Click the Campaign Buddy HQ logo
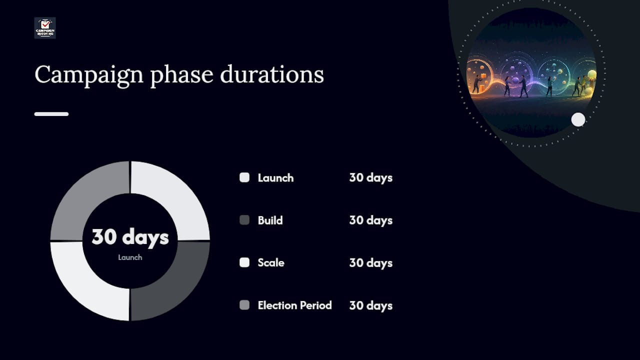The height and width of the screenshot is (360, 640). pos(45,28)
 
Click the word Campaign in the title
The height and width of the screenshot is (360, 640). pos(89,75)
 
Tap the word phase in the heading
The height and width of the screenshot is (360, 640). pos(181,75)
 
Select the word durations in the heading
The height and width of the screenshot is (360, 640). pos(272,74)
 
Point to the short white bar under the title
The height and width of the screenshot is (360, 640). pos(51,114)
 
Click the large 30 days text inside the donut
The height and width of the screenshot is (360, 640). pos(130,237)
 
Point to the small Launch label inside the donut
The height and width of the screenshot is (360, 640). pos(130,257)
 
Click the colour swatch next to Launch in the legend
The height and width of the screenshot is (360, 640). pos(244,177)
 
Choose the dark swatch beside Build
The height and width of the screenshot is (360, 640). pos(244,220)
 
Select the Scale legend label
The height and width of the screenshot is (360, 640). pos(271,263)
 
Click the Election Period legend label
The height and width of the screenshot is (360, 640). pos(294,305)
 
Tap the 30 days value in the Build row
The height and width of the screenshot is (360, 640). pos(371,220)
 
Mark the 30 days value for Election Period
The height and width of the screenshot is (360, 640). pos(371,306)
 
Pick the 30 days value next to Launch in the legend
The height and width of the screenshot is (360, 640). pos(371,178)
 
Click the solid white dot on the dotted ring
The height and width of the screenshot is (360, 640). pos(578,119)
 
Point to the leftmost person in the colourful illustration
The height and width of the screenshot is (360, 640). pos(476,84)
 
